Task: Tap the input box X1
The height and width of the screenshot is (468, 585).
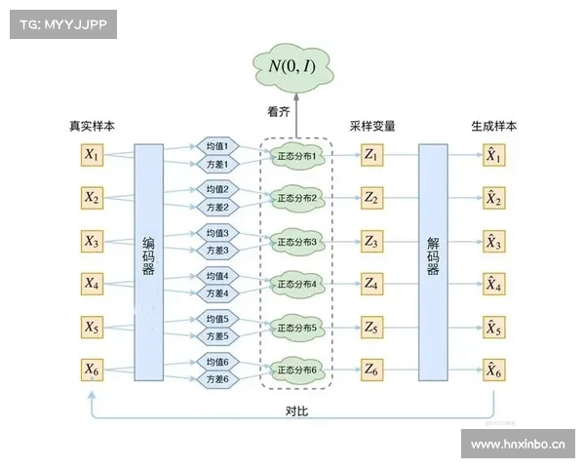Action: [x=92, y=154]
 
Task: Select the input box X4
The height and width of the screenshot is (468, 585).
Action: [x=92, y=283]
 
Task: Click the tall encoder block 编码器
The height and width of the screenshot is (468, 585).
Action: [x=148, y=261]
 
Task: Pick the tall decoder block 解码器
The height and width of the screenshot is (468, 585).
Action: [x=433, y=261]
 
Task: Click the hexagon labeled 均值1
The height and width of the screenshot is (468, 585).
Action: [x=216, y=146]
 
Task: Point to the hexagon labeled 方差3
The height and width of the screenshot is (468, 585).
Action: [x=216, y=251]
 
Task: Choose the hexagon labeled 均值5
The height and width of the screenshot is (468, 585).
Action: [x=216, y=319]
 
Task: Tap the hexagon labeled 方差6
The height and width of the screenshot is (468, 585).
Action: [x=216, y=379]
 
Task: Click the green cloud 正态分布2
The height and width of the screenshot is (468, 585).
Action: [x=298, y=198]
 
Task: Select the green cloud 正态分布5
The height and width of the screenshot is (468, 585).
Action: [x=298, y=327]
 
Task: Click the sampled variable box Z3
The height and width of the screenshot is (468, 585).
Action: [x=371, y=240]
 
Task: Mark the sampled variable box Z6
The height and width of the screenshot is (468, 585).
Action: [x=371, y=369]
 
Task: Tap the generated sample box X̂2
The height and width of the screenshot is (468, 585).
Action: [x=494, y=198]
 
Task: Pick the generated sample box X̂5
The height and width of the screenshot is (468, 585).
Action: [x=494, y=327]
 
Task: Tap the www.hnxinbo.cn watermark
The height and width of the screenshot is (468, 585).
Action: [x=518, y=445]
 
